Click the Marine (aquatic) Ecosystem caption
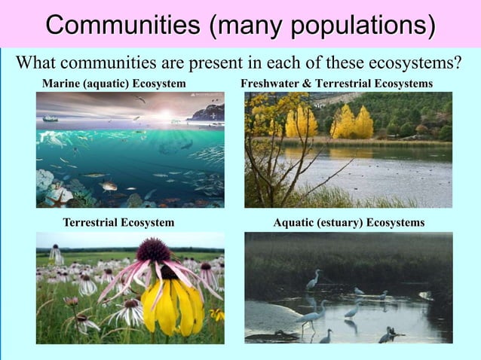coord(114,82)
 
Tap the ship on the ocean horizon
coord(50,118)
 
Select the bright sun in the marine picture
coord(165,113)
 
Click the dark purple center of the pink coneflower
coord(155,249)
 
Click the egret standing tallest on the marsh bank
coord(313,279)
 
